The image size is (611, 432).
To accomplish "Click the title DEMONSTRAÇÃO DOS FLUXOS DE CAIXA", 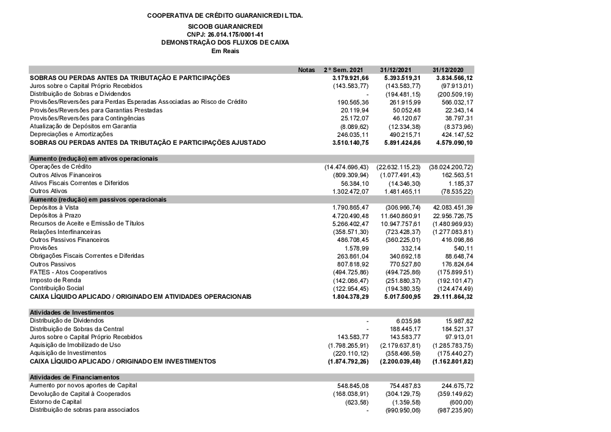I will click(225, 43).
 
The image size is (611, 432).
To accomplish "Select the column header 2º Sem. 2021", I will click(346, 70).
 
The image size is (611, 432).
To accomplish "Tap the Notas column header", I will click(306, 70).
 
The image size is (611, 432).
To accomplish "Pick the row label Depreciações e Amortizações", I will click(71, 134).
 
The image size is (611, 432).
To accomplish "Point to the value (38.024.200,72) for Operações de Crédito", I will click(452, 167).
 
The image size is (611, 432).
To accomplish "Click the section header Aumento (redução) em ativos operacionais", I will click(94, 158).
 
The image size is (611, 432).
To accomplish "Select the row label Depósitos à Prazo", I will click(57, 216).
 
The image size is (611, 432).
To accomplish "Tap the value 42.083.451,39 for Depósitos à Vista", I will click(453, 208).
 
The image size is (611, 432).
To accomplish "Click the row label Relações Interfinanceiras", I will click(65, 232).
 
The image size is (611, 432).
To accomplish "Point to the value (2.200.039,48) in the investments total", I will click(400, 361).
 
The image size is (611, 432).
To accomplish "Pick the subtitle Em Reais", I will click(225, 51).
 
